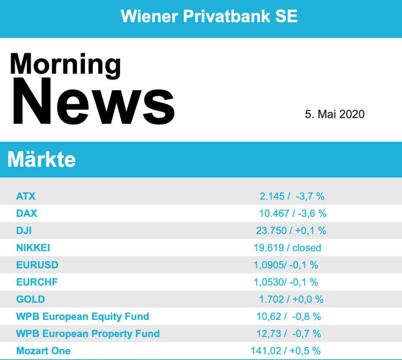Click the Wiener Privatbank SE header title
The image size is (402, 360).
pyautogui.click(x=209, y=16)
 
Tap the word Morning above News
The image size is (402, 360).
pyautogui.click(x=66, y=65)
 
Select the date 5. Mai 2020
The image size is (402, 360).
pyautogui.click(x=334, y=114)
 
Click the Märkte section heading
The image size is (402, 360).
pyautogui.click(x=42, y=159)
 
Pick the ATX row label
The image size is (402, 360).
pyautogui.click(x=26, y=196)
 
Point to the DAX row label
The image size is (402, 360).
pyautogui.click(x=27, y=214)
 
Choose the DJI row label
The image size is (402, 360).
pyautogui.click(x=24, y=231)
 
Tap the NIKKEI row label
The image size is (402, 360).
pyautogui.click(x=33, y=248)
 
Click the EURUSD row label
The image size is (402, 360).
pyautogui.click(x=37, y=265)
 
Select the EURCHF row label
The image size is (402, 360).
pyautogui.click(x=37, y=282)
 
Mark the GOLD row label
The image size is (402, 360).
pyautogui.click(x=31, y=299)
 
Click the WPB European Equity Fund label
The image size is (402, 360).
pyautogui.click(x=82, y=317)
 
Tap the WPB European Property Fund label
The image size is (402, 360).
pyautogui.click(x=88, y=334)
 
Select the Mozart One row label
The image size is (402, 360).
pyautogui.click(x=43, y=351)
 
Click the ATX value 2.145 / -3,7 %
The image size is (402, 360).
pyautogui.click(x=292, y=196)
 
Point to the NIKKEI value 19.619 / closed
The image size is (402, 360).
pyautogui.click(x=287, y=248)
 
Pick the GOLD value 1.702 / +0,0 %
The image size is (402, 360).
pyautogui.click(x=291, y=299)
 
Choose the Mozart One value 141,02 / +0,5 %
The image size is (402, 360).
pyautogui.click(x=286, y=351)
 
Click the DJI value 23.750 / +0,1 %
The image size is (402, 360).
pyautogui.click(x=291, y=231)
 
